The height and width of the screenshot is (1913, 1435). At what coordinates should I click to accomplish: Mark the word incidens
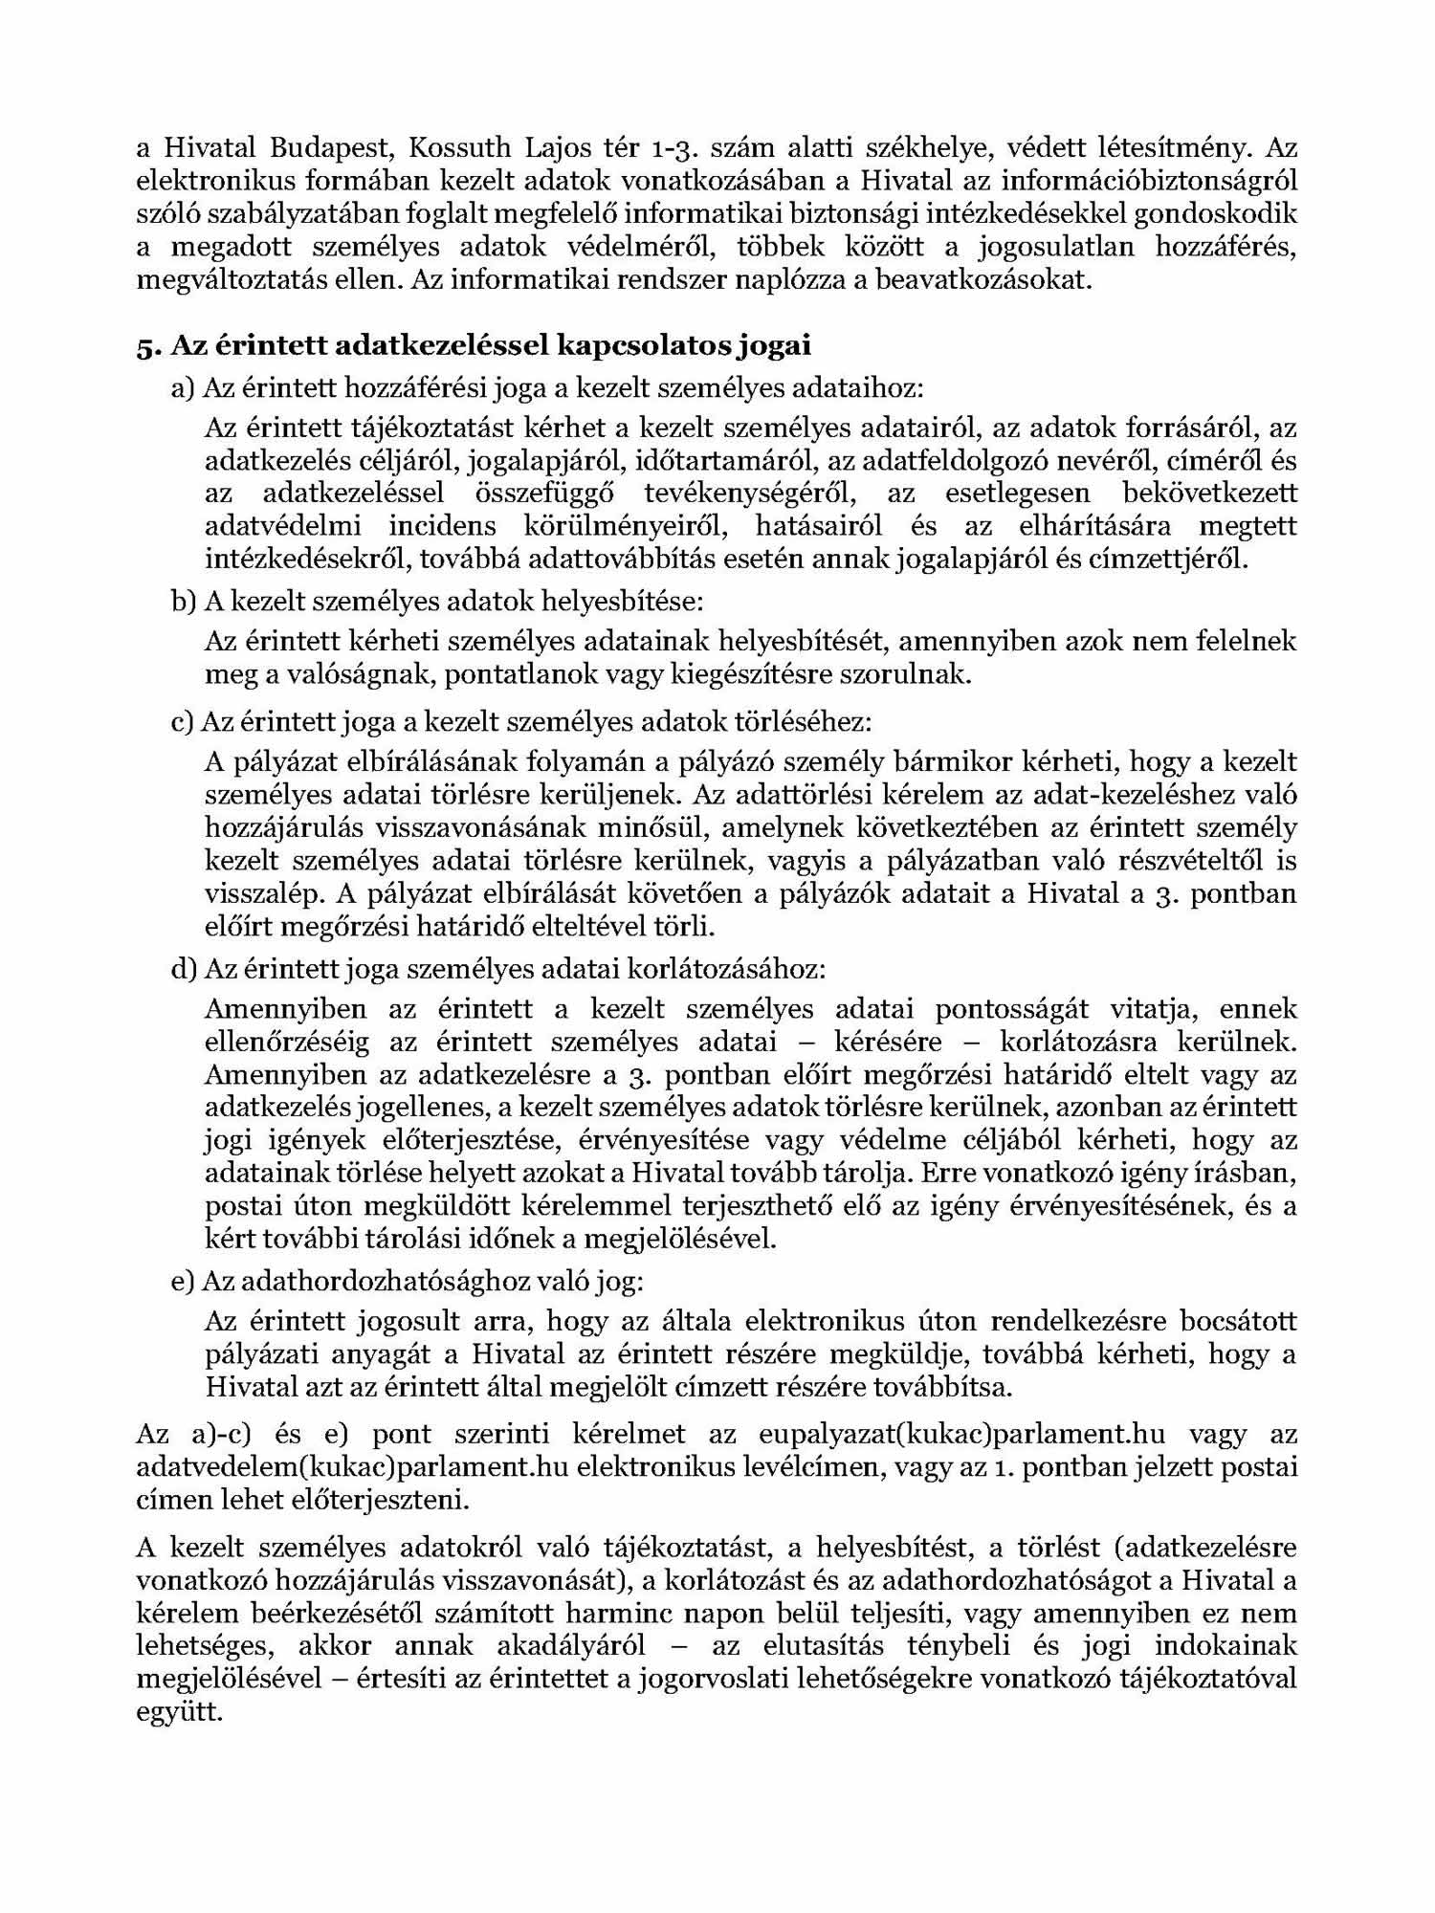tap(443, 526)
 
